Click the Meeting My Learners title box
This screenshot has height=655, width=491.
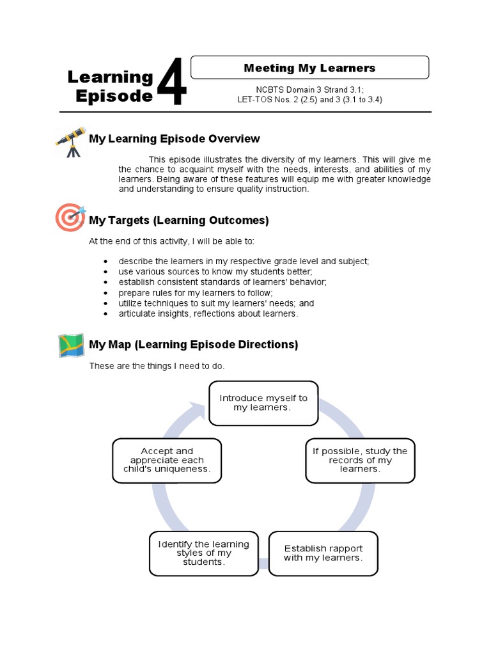click(x=309, y=68)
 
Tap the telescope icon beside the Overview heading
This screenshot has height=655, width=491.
click(x=71, y=141)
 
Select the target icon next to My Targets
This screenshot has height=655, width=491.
click(x=70, y=217)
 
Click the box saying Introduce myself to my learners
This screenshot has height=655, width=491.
click(x=263, y=403)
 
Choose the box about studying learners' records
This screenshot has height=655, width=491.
click(x=359, y=460)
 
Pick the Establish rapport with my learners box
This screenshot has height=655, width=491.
click(x=323, y=553)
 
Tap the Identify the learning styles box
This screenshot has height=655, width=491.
click(x=203, y=553)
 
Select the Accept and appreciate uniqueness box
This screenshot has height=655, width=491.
click(x=166, y=460)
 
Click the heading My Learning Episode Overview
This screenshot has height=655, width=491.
click(x=175, y=139)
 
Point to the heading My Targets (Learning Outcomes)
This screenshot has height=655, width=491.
click(x=179, y=221)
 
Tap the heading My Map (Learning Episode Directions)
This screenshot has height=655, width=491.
click(x=194, y=345)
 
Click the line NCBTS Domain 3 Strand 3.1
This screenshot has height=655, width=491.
click(x=309, y=90)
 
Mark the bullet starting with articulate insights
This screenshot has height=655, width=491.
click(x=208, y=314)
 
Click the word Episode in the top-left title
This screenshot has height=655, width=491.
click(x=114, y=97)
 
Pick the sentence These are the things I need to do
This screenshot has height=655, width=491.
click(x=157, y=367)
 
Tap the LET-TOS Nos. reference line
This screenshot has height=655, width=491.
click(x=309, y=100)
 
